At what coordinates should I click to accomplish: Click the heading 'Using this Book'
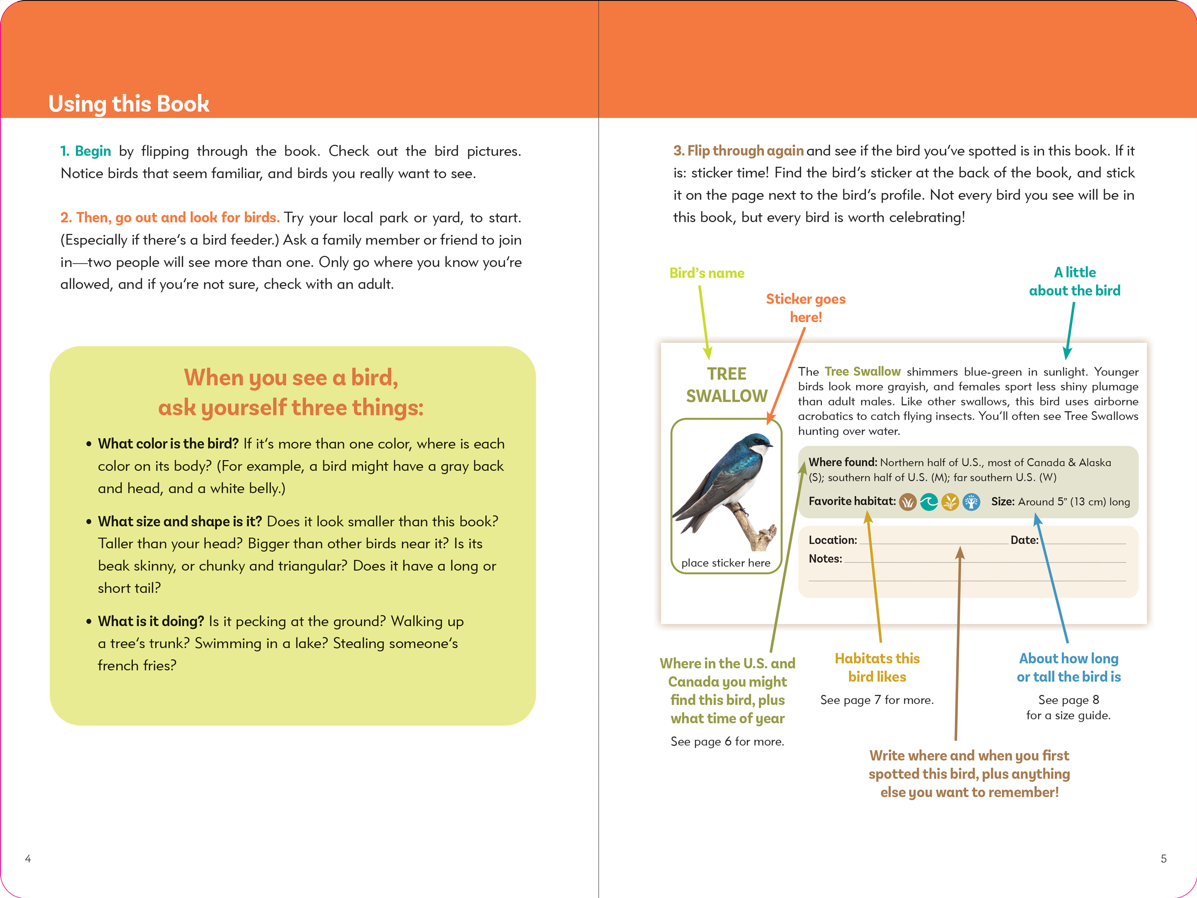pyautogui.click(x=128, y=103)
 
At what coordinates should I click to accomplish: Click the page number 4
pyautogui.click(x=28, y=859)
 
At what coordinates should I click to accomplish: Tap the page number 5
pyautogui.click(x=1163, y=859)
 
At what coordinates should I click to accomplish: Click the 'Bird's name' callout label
pyautogui.click(x=707, y=273)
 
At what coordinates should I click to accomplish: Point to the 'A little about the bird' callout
pyautogui.click(x=1074, y=282)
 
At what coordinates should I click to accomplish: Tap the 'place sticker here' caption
pyautogui.click(x=726, y=563)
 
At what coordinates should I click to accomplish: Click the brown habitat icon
pyautogui.click(x=908, y=502)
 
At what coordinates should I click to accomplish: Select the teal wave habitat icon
pyautogui.click(x=929, y=502)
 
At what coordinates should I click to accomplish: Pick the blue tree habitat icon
pyautogui.click(x=971, y=502)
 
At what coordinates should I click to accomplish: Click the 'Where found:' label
pyautogui.click(x=843, y=462)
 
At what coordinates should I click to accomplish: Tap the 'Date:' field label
pyautogui.click(x=1024, y=540)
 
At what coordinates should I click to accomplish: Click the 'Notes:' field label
pyautogui.click(x=825, y=558)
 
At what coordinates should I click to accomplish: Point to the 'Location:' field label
pyautogui.click(x=833, y=540)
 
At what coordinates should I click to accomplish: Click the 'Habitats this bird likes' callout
pyautogui.click(x=877, y=667)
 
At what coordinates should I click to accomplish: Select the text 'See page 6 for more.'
pyautogui.click(x=727, y=742)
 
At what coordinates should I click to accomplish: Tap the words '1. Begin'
pyautogui.click(x=86, y=151)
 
